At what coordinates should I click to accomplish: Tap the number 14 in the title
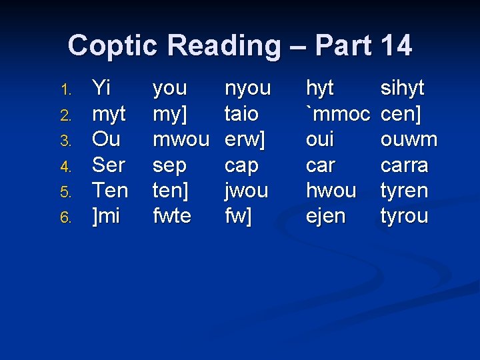pos(396,45)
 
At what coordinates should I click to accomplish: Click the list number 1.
pos(65,89)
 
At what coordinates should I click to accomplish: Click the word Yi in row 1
pos(101,88)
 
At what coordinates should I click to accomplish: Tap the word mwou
pos(180,140)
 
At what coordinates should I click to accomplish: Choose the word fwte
pos(172,217)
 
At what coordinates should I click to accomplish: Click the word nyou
pos(248,88)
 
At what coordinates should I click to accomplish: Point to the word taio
pos(241,114)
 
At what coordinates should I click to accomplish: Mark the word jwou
pos(247,191)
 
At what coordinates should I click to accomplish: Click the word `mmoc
pos(337,114)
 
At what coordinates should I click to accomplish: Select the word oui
pos(320,140)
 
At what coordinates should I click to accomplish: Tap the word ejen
pos(326,217)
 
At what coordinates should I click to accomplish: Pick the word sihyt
pos(402,88)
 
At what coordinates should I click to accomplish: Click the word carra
pos(404,165)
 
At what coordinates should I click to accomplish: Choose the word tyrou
pos(404,217)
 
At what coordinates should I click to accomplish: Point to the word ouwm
pos(409,140)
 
